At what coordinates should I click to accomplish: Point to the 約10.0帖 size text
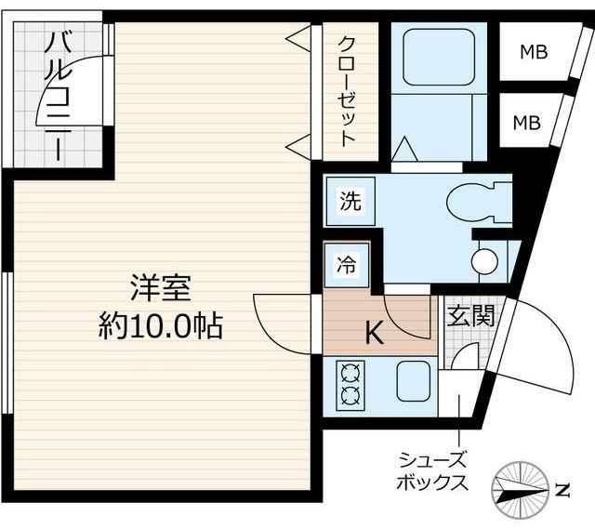point(161,325)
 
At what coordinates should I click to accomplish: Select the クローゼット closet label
point(347,91)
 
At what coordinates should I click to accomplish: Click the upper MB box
point(533,52)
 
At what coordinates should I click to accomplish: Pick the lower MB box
point(527,121)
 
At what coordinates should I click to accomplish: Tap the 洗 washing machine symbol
point(350,200)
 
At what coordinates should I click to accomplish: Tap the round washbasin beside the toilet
point(484,261)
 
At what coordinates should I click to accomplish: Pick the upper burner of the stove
point(351,375)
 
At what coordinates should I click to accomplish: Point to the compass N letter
point(562,488)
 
